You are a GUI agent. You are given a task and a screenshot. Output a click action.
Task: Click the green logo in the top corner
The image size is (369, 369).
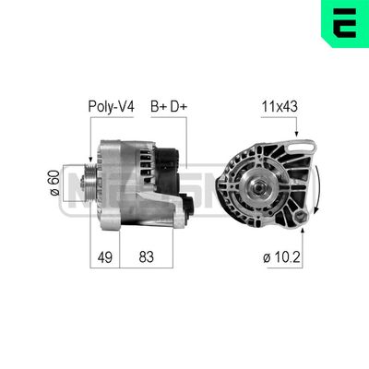(343, 25)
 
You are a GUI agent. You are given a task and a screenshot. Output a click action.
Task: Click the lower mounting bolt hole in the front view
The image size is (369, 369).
(300, 217)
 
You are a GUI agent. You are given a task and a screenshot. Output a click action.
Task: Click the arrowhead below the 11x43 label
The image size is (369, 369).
(296, 137)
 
